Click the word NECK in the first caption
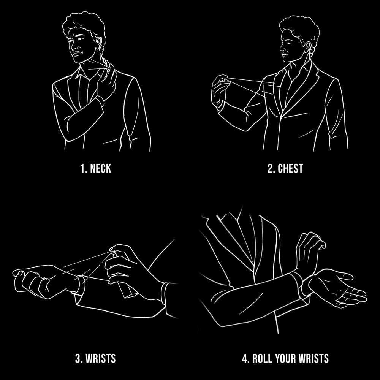point(100,169)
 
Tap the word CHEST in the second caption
point(290,169)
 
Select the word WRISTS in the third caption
point(101,359)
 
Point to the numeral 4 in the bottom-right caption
point(245,359)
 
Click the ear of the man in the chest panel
point(308,47)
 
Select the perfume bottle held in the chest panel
point(223,89)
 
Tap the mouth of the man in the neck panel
point(77,53)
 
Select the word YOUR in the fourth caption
point(286,359)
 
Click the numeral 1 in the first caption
point(82,169)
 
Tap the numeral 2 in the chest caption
point(271,169)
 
